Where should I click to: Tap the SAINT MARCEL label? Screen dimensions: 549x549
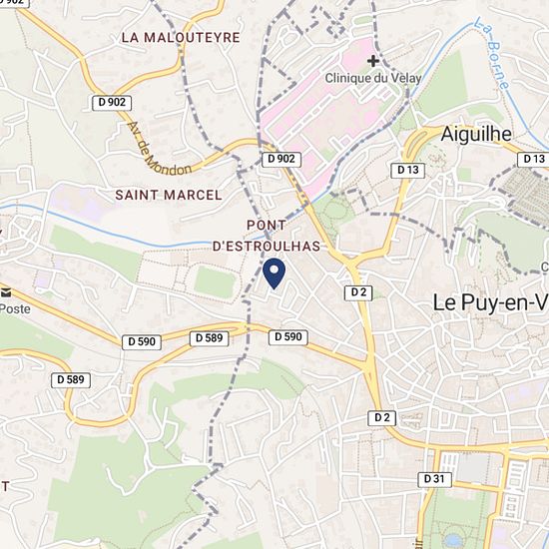(169, 195)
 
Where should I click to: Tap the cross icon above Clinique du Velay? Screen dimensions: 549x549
(371, 61)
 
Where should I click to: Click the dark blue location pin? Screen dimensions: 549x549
(274, 273)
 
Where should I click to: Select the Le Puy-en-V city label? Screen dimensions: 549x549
(490, 300)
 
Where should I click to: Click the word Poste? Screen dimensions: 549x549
(15, 308)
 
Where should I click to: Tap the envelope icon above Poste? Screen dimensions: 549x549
(7, 292)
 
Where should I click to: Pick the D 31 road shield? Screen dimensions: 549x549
(434, 479)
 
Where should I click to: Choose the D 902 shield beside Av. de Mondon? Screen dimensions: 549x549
(112, 102)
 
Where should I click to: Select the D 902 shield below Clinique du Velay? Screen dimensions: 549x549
(281, 159)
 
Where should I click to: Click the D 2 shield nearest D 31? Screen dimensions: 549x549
(380, 416)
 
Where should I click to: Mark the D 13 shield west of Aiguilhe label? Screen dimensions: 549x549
(407, 170)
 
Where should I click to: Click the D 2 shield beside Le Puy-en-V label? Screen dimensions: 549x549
(359, 291)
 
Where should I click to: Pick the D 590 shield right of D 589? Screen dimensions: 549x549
(286, 337)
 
